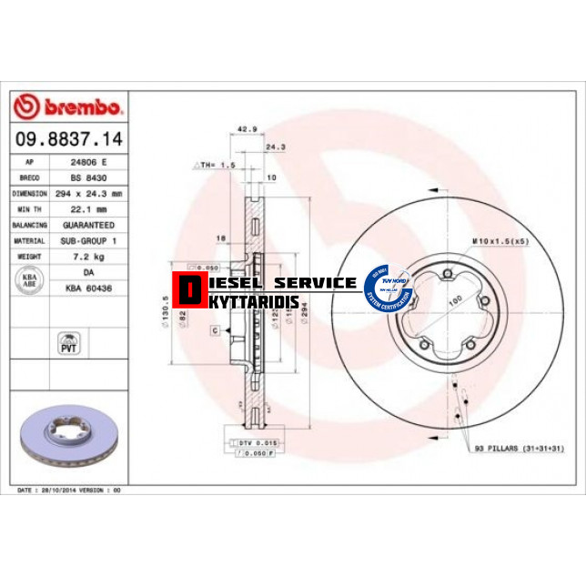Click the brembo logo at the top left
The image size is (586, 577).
pos(69,107)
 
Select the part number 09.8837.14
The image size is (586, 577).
pos(69,140)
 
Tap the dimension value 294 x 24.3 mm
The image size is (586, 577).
pos(88,193)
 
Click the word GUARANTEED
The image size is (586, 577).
pos(88,225)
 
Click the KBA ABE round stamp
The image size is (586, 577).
pos(29,279)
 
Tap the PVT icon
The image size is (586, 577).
pos(67,343)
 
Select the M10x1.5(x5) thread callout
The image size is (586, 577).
pos(500,240)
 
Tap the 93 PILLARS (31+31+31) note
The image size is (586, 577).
pos(519,449)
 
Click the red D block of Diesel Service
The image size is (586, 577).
pos(189,290)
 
